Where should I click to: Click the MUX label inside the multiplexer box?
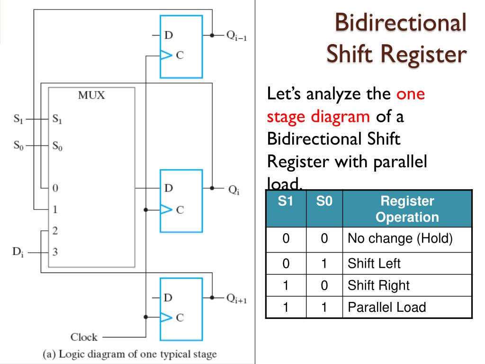click(x=92, y=95)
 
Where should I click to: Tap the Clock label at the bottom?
click(x=84, y=337)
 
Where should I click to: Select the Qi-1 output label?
click(x=235, y=36)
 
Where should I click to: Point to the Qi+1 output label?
click(x=236, y=298)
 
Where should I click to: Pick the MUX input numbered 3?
click(x=55, y=253)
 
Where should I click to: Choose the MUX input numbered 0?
click(x=55, y=188)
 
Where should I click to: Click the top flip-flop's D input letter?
click(x=168, y=35)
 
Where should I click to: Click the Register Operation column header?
click(x=407, y=209)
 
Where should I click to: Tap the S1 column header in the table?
click(x=286, y=201)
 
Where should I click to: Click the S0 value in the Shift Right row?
click(x=324, y=285)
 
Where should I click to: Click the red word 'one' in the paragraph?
click(x=411, y=94)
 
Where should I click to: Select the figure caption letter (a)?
click(x=49, y=354)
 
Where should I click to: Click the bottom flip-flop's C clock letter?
click(x=180, y=318)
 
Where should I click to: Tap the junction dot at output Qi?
click(x=213, y=188)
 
